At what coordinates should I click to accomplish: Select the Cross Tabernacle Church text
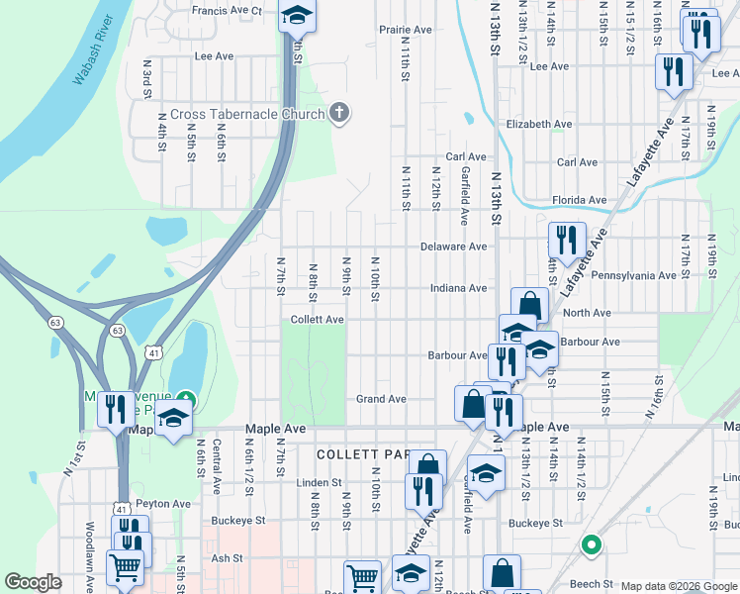click(x=247, y=114)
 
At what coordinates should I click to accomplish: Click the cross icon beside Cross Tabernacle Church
click(x=338, y=113)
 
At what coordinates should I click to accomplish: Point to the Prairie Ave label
click(x=406, y=30)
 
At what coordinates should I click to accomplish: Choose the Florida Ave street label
click(x=580, y=200)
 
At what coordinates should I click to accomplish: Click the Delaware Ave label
click(x=454, y=247)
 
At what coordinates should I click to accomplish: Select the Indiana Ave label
click(x=458, y=288)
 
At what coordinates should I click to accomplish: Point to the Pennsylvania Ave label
click(x=634, y=274)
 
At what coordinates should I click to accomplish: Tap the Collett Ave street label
click(x=317, y=320)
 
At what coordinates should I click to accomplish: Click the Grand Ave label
click(x=382, y=399)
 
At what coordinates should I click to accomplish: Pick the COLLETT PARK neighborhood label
click(x=362, y=454)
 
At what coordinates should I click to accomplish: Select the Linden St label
click(x=318, y=483)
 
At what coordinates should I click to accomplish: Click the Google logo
click(x=34, y=582)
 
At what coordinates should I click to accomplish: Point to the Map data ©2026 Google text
click(x=678, y=586)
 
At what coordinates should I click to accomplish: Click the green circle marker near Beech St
click(x=591, y=544)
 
